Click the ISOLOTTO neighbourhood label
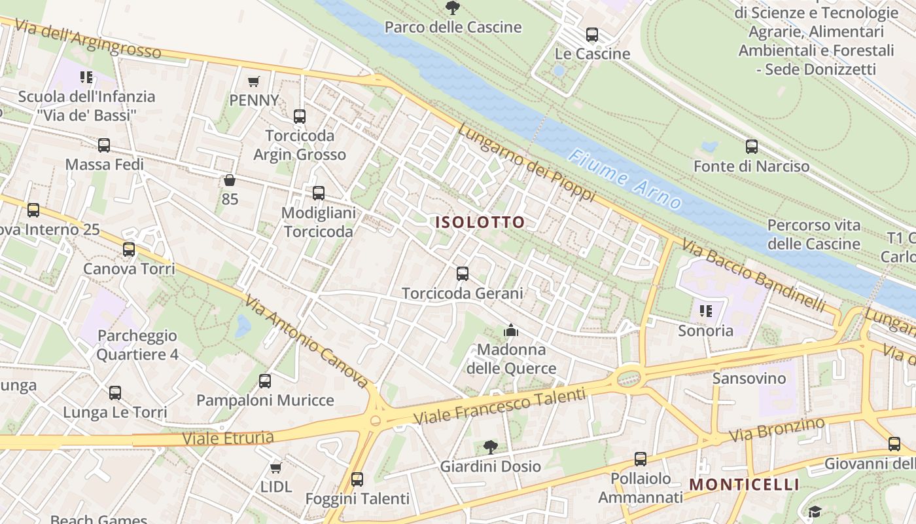(480, 222)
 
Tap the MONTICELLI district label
(745, 485)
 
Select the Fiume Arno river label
(625, 179)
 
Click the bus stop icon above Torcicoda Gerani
(463, 274)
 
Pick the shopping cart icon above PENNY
(254, 81)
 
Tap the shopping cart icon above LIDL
(275, 468)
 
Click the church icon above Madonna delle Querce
(511, 330)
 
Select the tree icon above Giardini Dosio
(490, 447)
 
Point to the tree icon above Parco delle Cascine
(452, 8)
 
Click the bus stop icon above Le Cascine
(592, 35)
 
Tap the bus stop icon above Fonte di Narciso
(752, 147)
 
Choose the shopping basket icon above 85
(230, 180)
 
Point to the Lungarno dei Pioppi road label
(526, 162)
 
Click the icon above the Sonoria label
(705, 311)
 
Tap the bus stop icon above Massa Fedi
(104, 145)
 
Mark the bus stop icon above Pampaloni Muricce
(265, 381)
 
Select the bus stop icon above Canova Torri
(129, 250)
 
